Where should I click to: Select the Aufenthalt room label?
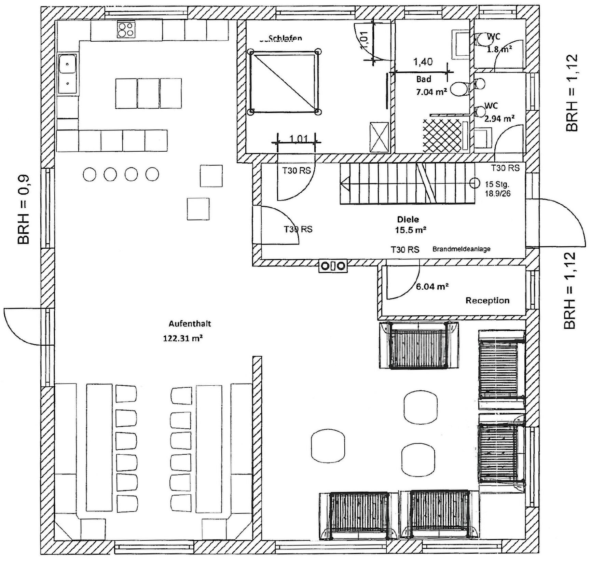pyautogui.click(x=190, y=323)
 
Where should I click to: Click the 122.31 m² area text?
pyautogui.click(x=183, y=339)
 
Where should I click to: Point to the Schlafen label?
pyautogui.click(x=285, y=38)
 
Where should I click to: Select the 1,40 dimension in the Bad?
pyautogui.click(x=423, y=62)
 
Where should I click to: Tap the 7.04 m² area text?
pyautogui.click(x=431, y=92)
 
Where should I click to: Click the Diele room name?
pyautogui.click(x=408, y=219)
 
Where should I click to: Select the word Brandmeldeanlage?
pyautogui.click(x=461, y=249)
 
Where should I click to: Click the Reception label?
pyautogui.click(x=487, y=301)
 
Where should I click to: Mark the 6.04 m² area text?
pyautogui.click(x=432, y=287)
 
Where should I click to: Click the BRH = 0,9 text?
pyautogui.click(x=24, y=210)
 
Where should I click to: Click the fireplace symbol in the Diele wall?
pyautogui.click(x=333, y=266)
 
